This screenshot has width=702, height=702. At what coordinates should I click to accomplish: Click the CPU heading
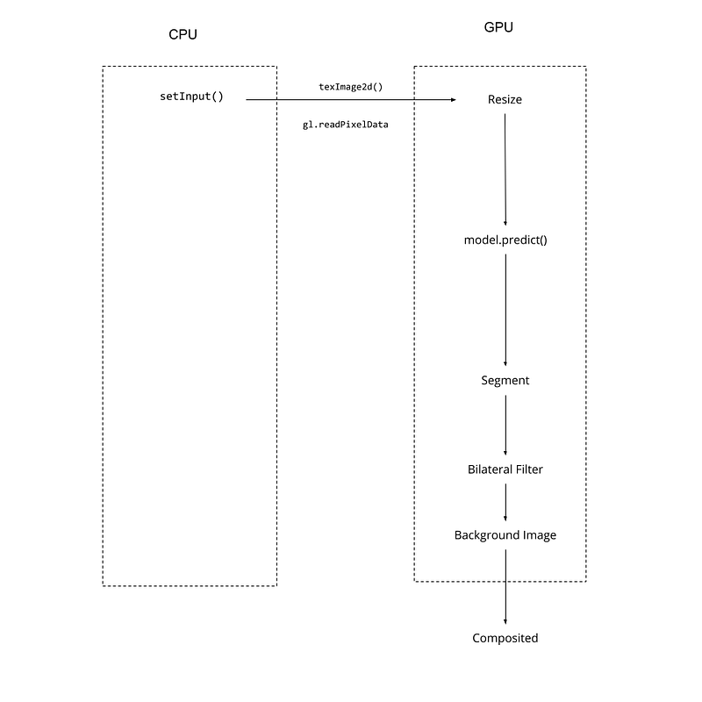[183, 34]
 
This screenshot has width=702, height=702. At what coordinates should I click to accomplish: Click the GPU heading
[498, 27]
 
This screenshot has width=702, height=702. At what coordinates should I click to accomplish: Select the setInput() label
[191, 97]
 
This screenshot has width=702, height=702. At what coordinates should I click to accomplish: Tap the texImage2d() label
[350, 87]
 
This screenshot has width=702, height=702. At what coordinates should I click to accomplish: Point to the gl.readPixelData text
[345, 125]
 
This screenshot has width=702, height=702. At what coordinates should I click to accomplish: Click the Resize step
[505, 99]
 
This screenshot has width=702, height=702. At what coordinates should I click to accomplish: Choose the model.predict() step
[505, 240]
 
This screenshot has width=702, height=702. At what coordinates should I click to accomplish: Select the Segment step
[505, 381]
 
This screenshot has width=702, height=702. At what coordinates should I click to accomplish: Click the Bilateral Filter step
[505, 469]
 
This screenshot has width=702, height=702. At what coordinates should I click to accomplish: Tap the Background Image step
[505, 535]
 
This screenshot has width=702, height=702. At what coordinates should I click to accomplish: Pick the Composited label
[505, 639]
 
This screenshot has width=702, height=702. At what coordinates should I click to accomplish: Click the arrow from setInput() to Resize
[351, 99]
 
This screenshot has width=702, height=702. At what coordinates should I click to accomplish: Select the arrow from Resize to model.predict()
[505, 169]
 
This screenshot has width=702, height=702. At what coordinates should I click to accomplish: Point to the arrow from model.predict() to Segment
[506, 311]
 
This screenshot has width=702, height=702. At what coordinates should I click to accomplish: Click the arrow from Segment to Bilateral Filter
[506, 426]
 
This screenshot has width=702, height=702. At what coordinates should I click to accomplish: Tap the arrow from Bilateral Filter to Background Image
[506, 503]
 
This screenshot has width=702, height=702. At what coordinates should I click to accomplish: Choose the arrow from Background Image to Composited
[506, 587]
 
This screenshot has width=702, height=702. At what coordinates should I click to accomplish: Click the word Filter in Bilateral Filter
[530, 469]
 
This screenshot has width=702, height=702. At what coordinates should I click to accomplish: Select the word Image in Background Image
[540, 535]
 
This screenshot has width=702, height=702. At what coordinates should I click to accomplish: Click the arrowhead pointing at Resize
[454, 99]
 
